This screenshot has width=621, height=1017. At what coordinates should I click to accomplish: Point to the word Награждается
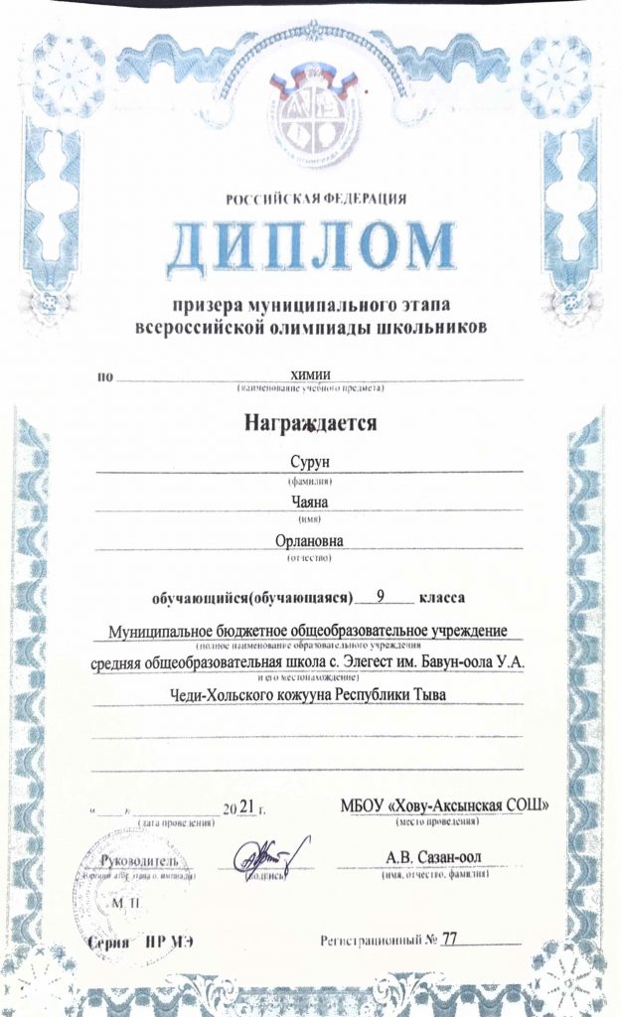[x=312, y=423]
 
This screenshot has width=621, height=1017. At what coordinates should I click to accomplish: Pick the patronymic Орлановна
[x=309, y=540]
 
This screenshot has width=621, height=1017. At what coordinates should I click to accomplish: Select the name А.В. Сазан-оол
[x=440, y=856]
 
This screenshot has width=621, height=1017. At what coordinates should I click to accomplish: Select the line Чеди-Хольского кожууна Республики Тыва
[x=309, y=694]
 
